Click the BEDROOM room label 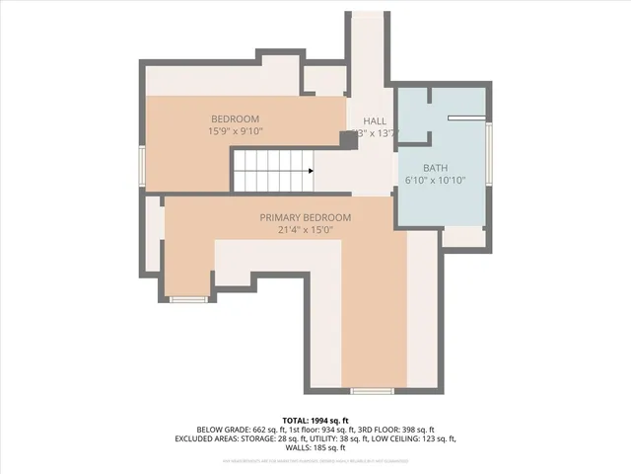(234, 119)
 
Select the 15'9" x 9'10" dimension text (235, 131)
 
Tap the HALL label (374, 120)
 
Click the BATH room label (435, 169)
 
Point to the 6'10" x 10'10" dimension (435, 181)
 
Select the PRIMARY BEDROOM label (305, 217)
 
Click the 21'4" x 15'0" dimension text (305, 230)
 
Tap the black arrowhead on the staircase (311, 171)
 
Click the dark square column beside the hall (348, 139)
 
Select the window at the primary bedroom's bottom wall (372, 391)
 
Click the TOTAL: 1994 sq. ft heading (315, 420)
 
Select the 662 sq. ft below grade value (268, 430)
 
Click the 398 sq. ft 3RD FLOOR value (413, 430)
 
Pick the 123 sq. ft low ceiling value (432, 438)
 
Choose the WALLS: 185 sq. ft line (315, 448)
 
